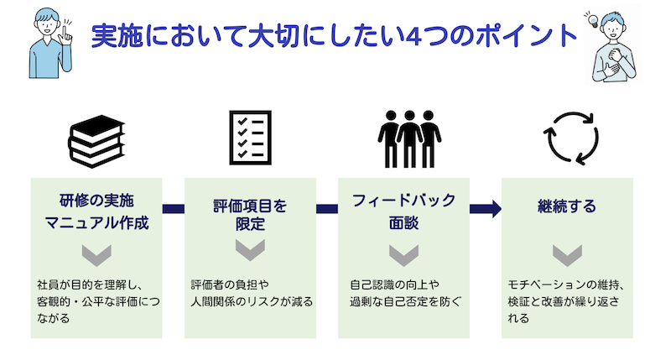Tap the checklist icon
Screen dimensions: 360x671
tap(250, 135)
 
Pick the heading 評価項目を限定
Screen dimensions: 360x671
tap(249, 213)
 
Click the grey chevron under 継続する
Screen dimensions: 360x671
tap(566, 253)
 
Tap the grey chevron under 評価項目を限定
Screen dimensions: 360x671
tap(249, 251)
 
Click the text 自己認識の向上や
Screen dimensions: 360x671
tap(393, 284)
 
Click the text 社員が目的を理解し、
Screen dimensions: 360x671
tap(91, 284)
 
